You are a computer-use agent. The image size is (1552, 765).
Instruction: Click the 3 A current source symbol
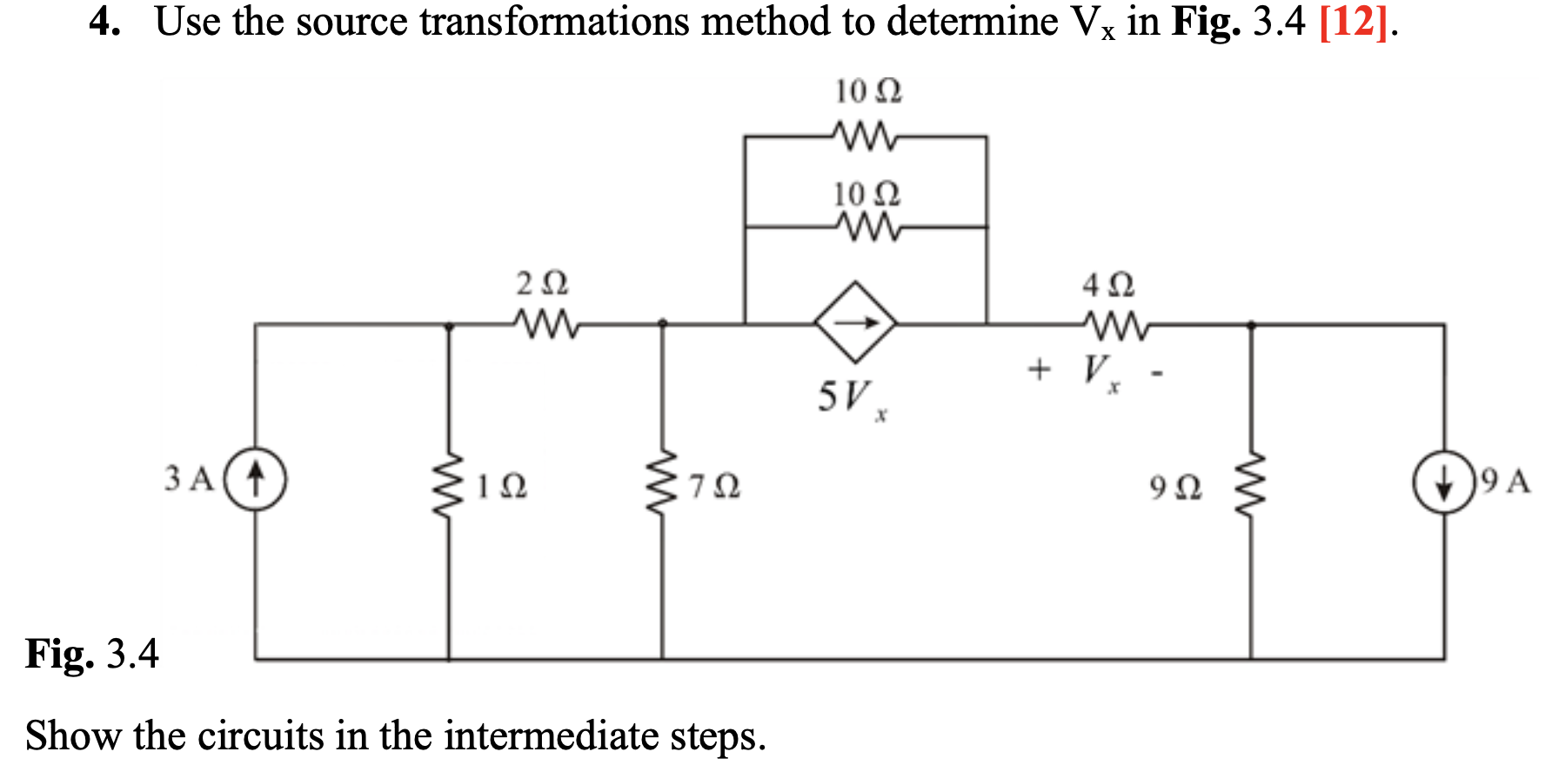pos(256,478)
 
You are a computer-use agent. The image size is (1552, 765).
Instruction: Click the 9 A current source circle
pos(1443,481)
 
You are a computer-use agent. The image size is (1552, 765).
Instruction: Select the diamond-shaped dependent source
pos(856,323)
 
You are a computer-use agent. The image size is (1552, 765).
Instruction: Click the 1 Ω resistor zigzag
pos(449,485)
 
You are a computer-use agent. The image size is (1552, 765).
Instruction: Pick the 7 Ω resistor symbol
pos(662,483)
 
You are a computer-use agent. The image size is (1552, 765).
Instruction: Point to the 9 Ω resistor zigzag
pos(1250,485)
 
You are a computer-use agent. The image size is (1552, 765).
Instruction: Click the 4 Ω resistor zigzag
pos(1116,326)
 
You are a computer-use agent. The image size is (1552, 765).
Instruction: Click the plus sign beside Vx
pos(1039,370)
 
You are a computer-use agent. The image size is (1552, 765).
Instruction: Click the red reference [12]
pos(1353,22)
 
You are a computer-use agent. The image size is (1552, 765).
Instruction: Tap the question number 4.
pos(103,22)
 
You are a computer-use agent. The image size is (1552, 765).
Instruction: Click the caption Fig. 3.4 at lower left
pos(92,654)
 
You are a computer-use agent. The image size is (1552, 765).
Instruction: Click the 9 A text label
pos(1505,481)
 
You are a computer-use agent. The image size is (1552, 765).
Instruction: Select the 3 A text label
pos(189,478)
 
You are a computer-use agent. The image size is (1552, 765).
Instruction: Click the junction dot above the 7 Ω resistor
pos(662,323)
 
